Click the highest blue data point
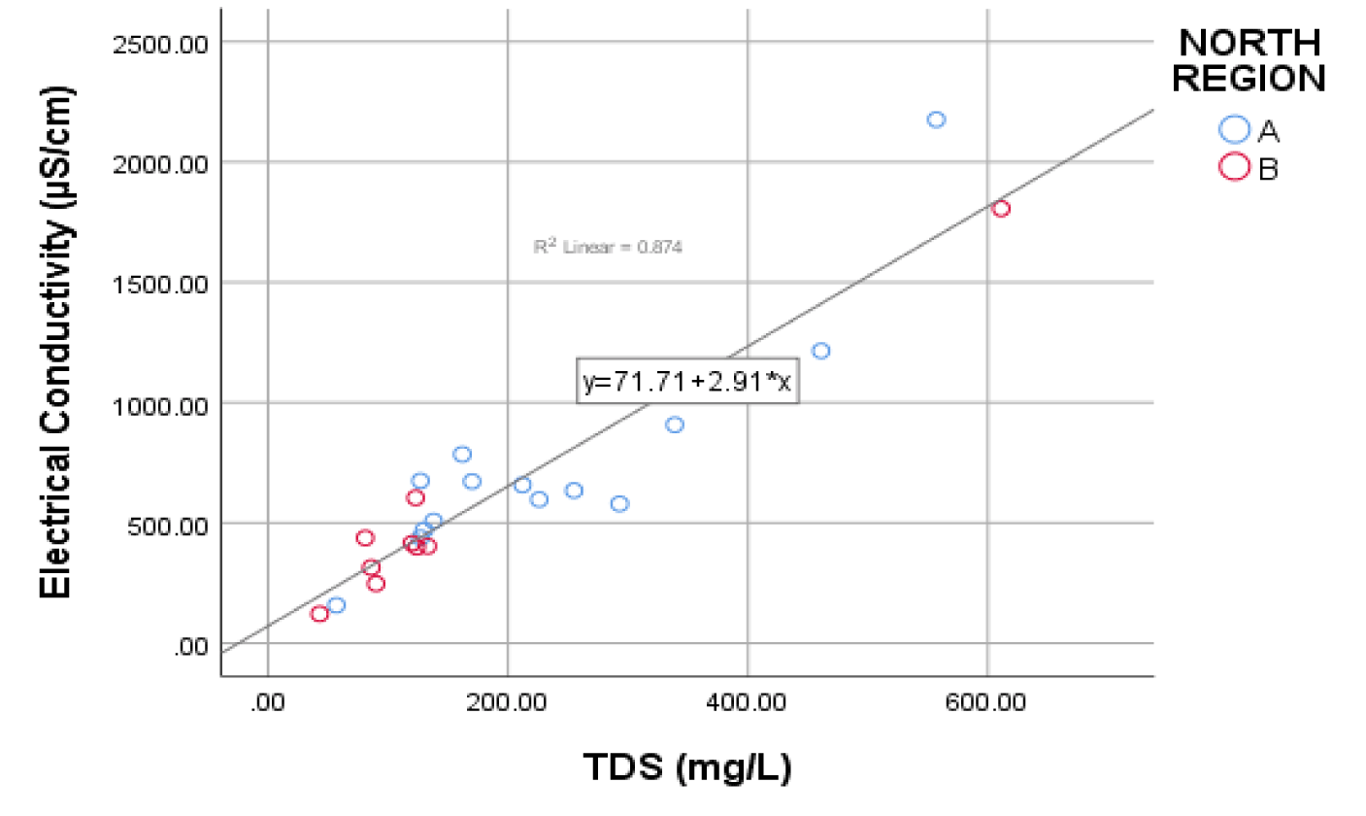coord(936,119)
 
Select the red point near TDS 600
coord(1001,209)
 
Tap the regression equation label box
coord(687,383)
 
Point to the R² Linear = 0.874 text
coord(609,248)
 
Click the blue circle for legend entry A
coord(1235,129)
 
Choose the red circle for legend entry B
coord(1235,168)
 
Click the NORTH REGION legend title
coord(1249,60)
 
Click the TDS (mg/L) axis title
coord(687,767)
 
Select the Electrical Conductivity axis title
coord(57,340)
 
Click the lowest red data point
coord(319,614)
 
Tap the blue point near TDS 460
coord(820,351)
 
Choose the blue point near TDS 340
coord(675,425)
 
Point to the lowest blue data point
coord(336,605)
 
